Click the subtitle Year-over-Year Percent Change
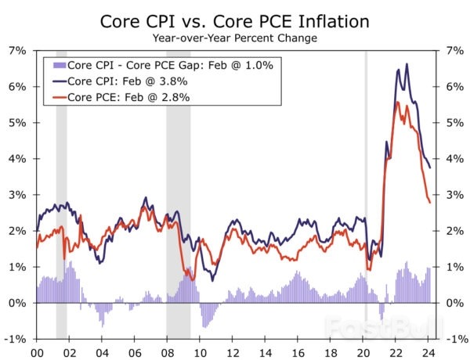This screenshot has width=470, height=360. [235, 37]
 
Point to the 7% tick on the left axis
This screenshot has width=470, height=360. [17, 51]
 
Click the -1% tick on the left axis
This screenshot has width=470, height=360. [16, 339]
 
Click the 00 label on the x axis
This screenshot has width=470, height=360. [36, 352]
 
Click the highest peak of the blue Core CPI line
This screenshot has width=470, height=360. [406, 64]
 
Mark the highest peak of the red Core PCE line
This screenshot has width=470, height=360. [397, 102]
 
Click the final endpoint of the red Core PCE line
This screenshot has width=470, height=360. [430, 203]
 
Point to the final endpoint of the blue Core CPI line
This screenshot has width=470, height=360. [430, 167]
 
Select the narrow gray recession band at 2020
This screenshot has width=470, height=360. [366, 196]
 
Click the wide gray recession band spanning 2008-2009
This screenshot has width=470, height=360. [178, 196]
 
